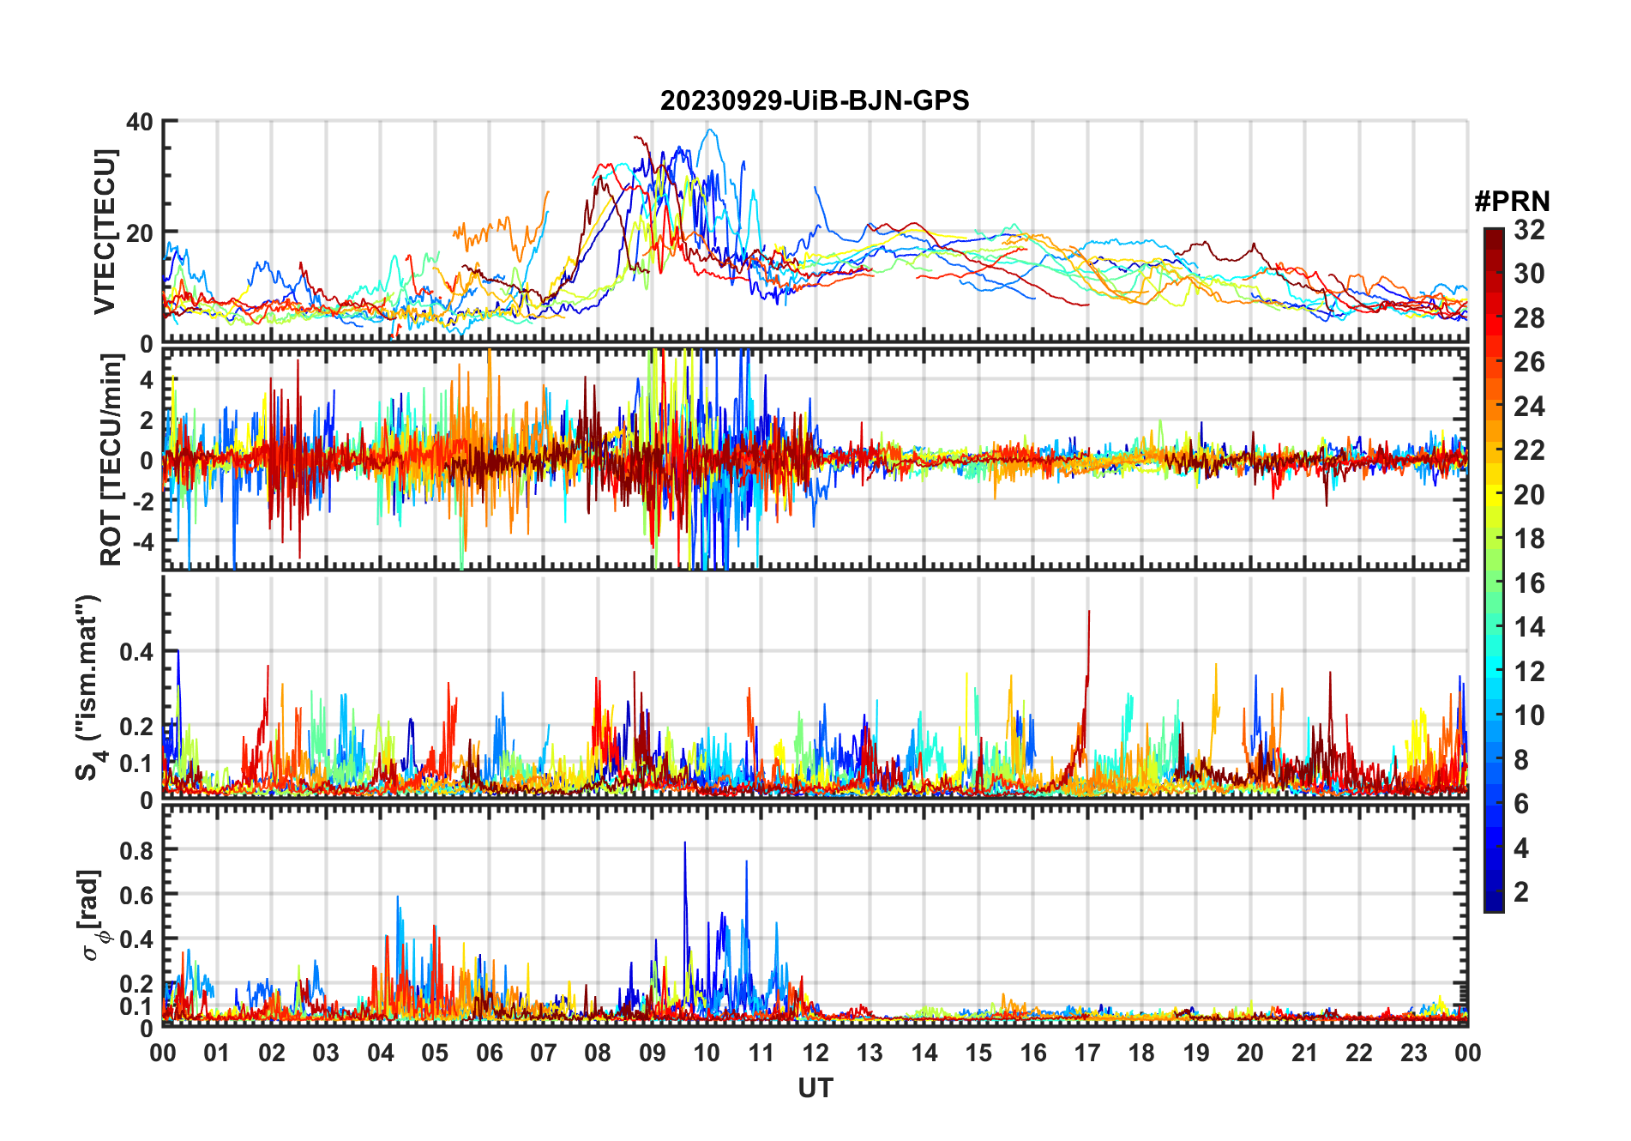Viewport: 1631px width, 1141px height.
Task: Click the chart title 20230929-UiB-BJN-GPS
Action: (815, 101)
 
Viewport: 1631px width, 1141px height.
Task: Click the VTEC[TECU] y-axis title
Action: (105, 232)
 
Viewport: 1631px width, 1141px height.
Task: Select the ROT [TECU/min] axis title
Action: (111, 460)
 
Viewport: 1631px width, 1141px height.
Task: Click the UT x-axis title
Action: (815, 1089)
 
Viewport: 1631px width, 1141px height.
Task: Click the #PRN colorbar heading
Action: (1512, 202)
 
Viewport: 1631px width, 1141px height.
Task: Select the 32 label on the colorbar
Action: (1529, 230)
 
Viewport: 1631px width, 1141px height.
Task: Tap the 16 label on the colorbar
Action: (1529, 583)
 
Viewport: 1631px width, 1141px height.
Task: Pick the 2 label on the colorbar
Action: (1521, 892)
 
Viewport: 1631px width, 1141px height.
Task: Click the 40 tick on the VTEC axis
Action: (140, 122)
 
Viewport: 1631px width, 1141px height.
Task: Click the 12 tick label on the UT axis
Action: (815, 1053)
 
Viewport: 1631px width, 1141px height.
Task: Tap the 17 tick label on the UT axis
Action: (1087, 1053)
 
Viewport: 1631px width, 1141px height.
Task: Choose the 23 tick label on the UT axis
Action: (1413, 1053)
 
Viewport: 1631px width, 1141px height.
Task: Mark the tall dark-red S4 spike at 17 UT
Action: (1089, 613)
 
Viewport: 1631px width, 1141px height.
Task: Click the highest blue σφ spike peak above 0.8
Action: (684, 844)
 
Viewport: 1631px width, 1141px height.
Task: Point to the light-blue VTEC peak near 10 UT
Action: (709, 130)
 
